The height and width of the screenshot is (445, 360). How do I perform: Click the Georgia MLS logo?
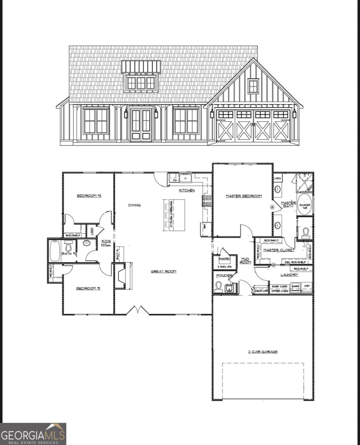[x=33, y=434]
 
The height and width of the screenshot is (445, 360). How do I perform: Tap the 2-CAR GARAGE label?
[x=263, y=352]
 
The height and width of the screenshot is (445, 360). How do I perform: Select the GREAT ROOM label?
[x=163, y=271]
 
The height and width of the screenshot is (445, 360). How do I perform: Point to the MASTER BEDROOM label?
[x=244, y=196]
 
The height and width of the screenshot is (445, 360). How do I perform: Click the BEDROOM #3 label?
[x=89, y=196]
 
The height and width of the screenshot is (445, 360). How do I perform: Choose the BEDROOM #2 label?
[x=88, y=288]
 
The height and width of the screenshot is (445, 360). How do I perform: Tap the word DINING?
[x=134, y=205]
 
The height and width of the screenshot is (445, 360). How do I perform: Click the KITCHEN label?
[x=187, y=190]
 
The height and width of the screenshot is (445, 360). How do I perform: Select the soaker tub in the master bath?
[x=305, y=204]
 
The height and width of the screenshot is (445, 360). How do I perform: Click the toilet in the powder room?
[x=218, y=287]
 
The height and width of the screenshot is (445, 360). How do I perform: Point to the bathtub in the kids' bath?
[x=54, y=251]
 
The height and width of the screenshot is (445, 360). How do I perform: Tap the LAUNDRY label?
[x=289, y=275]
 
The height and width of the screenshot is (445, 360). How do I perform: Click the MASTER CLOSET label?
[x=279, y=250]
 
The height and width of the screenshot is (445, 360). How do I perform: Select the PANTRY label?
[x=224, y=259]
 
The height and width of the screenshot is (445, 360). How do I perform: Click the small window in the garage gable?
[x=253, y=86]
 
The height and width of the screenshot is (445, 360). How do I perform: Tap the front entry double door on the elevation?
[x=141, y=125]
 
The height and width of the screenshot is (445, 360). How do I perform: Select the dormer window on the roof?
[x=141, y=83]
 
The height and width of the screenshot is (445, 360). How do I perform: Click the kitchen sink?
[x=185, y=178]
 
